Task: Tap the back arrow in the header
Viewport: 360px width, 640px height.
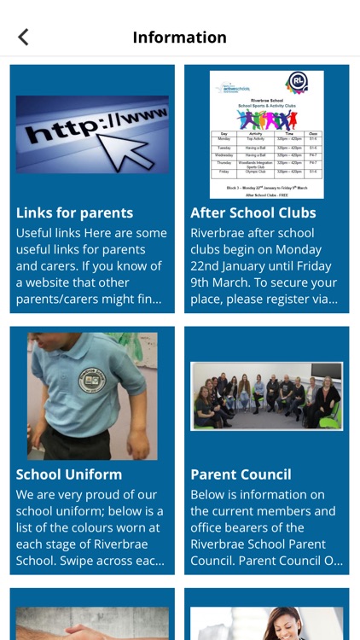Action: pos(23,37)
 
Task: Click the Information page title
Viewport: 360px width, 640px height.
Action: pos(179,38)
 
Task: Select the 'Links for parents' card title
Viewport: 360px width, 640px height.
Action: pos(74,212)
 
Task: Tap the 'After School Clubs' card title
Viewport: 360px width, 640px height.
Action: pos(253,212)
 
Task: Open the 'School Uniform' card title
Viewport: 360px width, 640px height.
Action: pos(69,474)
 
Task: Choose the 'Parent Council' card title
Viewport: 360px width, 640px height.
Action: pos(241,474)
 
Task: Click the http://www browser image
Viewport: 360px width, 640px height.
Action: pos(92,135)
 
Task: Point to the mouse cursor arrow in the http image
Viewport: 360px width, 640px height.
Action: pos(136,142)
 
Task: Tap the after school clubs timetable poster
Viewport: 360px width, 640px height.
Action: pos(266,135)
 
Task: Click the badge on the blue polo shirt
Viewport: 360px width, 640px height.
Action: pos(91,381)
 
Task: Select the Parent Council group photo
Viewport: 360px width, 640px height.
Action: pos(266,395)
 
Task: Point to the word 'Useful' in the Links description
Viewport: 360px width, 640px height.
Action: pos(36,233)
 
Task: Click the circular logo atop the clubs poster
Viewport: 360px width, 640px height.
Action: pos(297,83)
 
